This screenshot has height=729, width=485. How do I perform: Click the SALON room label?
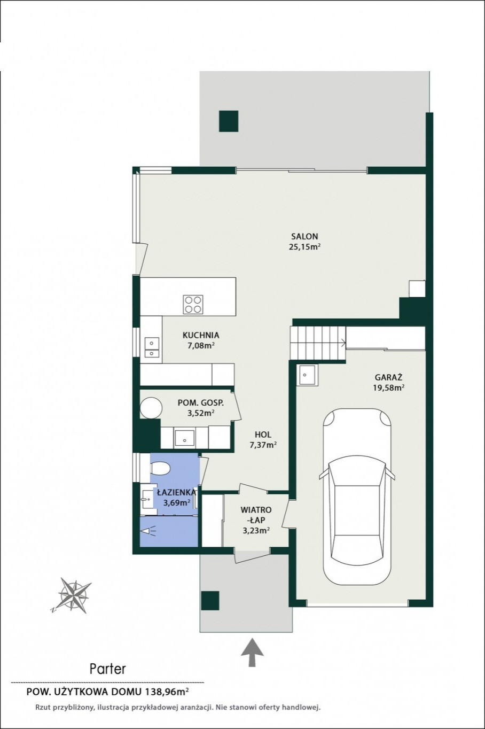coord(304,236)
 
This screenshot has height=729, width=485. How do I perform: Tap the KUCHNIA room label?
coord(201,335)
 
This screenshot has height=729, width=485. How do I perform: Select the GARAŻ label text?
coord(389,377)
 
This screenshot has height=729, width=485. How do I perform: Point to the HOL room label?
coord(263,435)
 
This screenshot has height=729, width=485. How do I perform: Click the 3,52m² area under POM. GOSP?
coord(200,413)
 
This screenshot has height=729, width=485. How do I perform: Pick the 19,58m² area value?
coord(389,387)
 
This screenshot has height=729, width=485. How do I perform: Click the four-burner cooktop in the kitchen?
coord(193,304)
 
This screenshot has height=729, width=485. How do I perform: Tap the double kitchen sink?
coord(152,347)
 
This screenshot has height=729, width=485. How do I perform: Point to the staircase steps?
coord(318,343)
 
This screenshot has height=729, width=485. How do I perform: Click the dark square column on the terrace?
coord(229,121)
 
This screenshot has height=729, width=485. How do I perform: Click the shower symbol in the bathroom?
coord(148,531)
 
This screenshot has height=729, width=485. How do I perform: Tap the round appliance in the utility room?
coord(151,408)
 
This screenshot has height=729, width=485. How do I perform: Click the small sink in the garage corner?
coord(307,375)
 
